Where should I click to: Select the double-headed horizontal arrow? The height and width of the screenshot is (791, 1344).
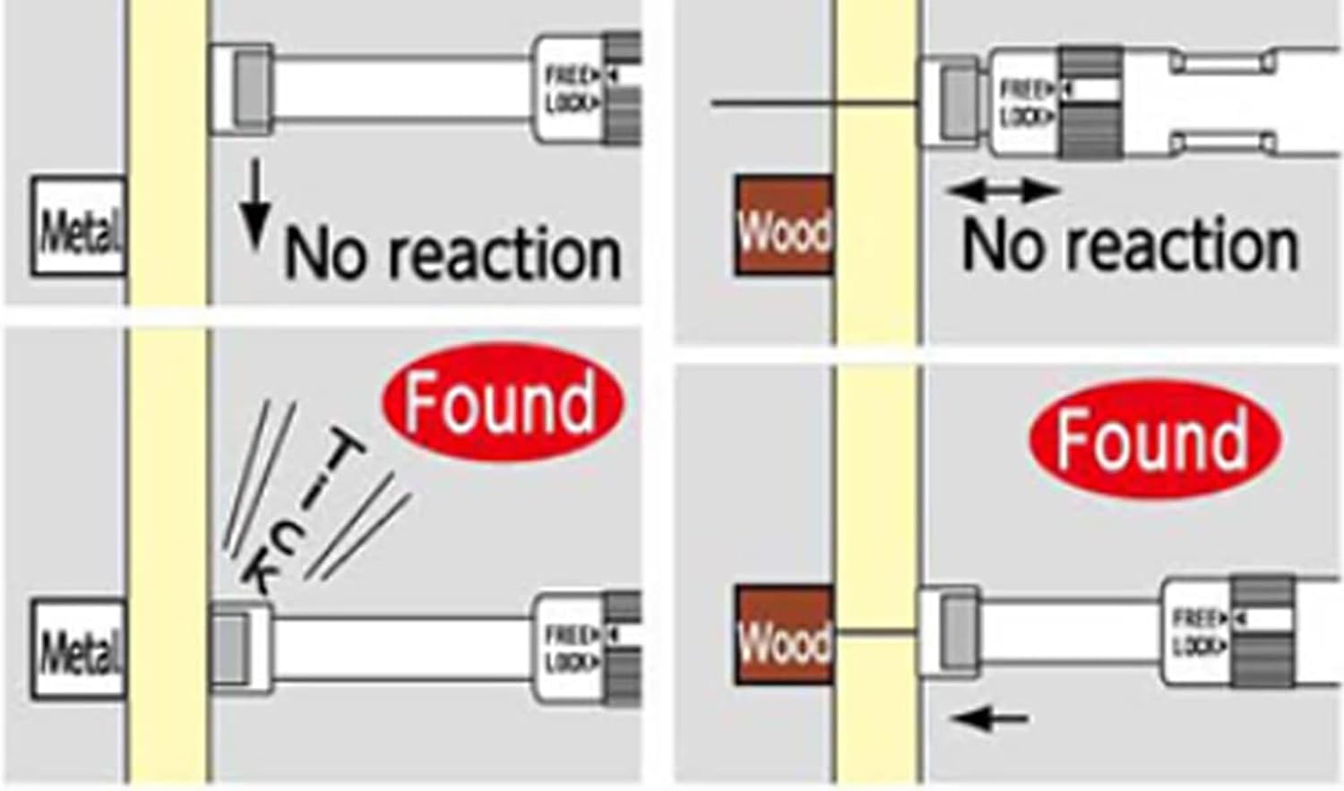click(1004, 190)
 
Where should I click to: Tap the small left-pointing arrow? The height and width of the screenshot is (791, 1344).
click(989, 717)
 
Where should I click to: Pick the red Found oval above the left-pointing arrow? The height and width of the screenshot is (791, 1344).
click(1154, 439)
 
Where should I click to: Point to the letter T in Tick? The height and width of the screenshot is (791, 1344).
click(345, 452)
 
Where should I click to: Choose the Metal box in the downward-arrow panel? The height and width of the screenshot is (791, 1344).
click(79, 227)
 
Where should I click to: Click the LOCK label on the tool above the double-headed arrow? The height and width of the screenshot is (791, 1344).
click(1021, 116)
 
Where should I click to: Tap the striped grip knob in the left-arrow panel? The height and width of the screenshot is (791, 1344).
click(1262, 632)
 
